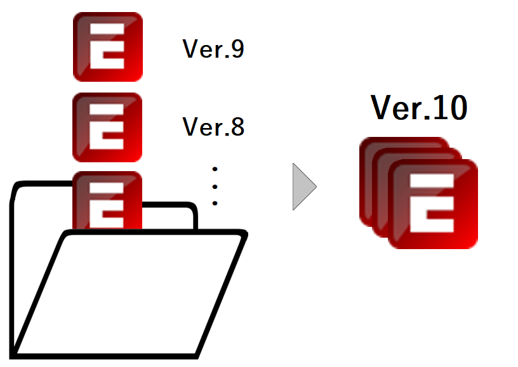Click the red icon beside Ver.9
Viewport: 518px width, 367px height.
pos(107,47)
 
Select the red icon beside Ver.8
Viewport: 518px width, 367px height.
pos(107,127)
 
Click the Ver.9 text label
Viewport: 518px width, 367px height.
pos(213,50)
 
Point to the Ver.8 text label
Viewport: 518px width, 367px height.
pos(213,127)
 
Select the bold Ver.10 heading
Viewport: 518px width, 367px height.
pos(419,108)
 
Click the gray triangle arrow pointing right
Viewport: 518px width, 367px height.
pos(303,186)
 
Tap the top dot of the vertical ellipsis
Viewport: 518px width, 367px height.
pos(215,169)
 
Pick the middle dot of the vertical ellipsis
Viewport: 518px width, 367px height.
pos(215,186)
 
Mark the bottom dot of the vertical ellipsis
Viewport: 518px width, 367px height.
pos(215,203)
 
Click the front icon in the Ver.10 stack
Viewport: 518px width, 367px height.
pos(432,204)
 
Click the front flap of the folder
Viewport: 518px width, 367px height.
pos(127,292)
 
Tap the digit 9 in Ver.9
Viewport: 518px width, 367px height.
pos(236,50)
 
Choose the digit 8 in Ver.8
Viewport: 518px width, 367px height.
pos(236,127)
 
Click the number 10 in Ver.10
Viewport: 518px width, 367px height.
pos(449,108)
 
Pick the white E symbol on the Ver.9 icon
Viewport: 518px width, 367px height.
pos(106,47)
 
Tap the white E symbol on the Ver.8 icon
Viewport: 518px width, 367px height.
pos(106,127)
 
